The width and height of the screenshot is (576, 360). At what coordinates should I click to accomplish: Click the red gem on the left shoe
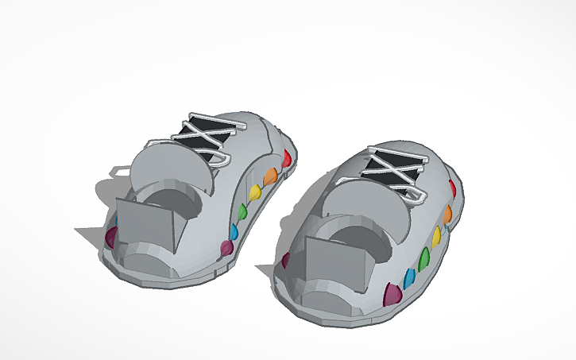click(x=287, y=159)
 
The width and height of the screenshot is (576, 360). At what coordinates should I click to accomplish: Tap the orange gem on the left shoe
click(x=271, y=176)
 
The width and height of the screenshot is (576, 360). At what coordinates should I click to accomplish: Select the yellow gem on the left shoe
click(x=255, y=193)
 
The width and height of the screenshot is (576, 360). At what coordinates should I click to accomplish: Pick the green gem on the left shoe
click(x=242, y=211)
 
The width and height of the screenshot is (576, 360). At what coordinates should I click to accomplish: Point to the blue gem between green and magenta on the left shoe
click(x=234, y=231)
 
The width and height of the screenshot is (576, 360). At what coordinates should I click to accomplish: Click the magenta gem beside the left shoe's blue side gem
click(x=226, y=249)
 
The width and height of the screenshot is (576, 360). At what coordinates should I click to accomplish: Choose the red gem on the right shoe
click(x=451, y=189)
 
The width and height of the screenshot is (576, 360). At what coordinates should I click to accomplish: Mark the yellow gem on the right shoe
click(x=436, y=236)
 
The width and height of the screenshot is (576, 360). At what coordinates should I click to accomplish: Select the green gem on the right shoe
click(x=423, y=257)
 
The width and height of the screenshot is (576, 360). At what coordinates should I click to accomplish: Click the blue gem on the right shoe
click(x=410, y=278)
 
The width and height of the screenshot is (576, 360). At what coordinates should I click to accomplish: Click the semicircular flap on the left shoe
click(x=172, y=168)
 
